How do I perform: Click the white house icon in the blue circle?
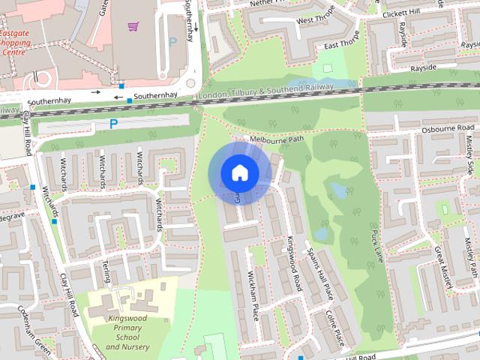[239, 173]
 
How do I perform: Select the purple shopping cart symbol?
[133, 27]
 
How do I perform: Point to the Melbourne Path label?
[277, 139]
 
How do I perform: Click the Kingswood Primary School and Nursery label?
[127, 333]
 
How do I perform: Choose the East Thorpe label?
[341, 46]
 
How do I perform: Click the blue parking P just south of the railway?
[114, 124]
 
